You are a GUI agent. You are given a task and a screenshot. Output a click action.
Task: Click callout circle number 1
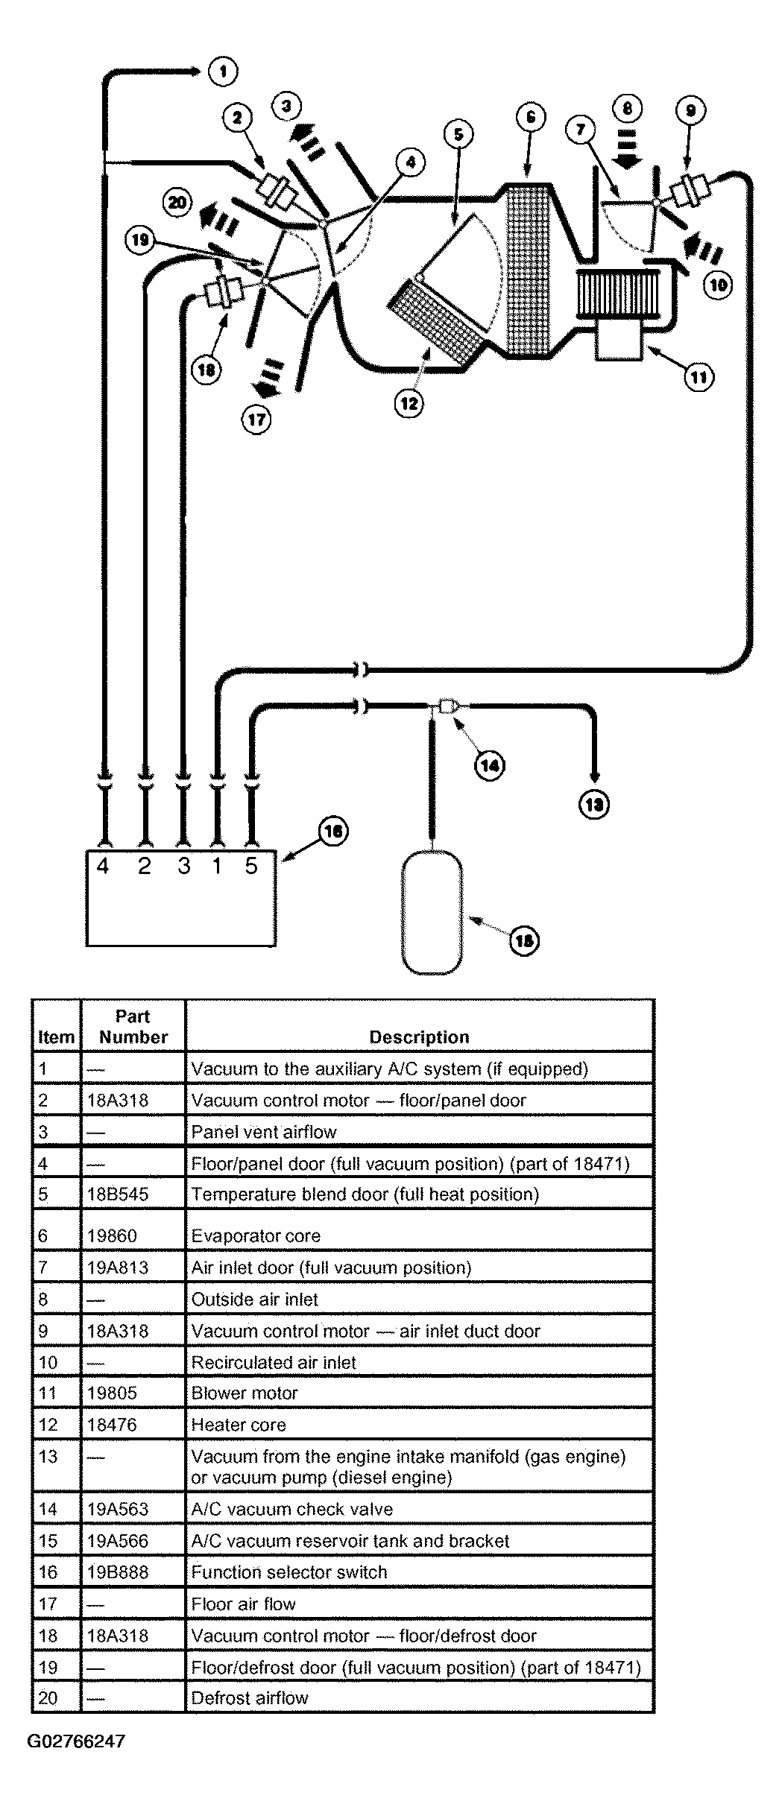point(222,72)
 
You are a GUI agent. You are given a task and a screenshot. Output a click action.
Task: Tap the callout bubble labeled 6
point(530,118)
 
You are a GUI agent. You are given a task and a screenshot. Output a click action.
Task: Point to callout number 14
point(490,765)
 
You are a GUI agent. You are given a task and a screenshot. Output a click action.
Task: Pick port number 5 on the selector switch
point(251,866)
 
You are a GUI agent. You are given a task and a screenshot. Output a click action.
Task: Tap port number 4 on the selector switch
point(103,866)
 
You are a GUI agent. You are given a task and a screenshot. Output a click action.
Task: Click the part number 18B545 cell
point(118,1194)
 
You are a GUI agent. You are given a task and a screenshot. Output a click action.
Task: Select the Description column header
point(419,1036)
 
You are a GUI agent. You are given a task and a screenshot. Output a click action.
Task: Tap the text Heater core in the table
point(239,1425)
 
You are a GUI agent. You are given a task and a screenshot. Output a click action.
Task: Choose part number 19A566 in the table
point(118,1540)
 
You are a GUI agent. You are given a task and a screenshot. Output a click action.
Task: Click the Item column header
point(56,1036)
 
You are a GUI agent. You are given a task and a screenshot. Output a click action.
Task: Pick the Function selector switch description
point(289,1572)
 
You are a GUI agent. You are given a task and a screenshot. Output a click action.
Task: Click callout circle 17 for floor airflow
point(256,420)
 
